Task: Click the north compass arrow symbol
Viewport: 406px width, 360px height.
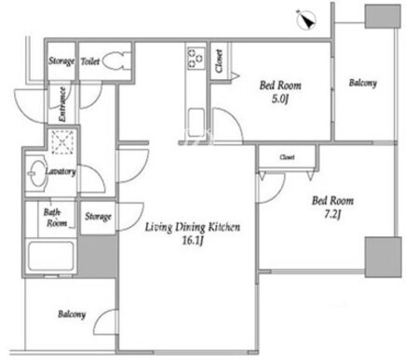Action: (306, 20)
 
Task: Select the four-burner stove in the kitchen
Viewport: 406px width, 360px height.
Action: (196, 58)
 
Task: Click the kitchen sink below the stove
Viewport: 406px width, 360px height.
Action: (196, 122)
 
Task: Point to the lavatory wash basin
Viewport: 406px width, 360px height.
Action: (36, 173)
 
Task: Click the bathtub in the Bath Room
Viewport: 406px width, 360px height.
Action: (51, 257)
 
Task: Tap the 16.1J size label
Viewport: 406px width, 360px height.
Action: (193, 241)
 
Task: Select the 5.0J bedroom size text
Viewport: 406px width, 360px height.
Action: (280, 100)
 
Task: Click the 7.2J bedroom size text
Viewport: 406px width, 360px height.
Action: (332, 215)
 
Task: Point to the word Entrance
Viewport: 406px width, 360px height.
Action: (62, 104)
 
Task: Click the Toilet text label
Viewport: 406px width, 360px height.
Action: (90, 61)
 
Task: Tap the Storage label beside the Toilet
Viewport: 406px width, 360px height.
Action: (61, 60)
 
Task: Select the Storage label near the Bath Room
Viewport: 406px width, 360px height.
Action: (98, 216)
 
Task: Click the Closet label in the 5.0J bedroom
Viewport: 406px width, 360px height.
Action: (220, 61)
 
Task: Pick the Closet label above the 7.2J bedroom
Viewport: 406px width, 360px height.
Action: (287, 157)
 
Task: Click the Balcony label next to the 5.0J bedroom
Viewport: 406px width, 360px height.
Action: (363, 83)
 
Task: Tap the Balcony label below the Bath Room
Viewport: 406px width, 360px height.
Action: (72, 314)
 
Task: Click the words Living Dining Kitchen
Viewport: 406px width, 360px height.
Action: (193, 227)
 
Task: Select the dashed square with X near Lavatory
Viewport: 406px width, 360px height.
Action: (63, 142)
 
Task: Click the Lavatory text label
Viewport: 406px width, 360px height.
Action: (61, 171)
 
